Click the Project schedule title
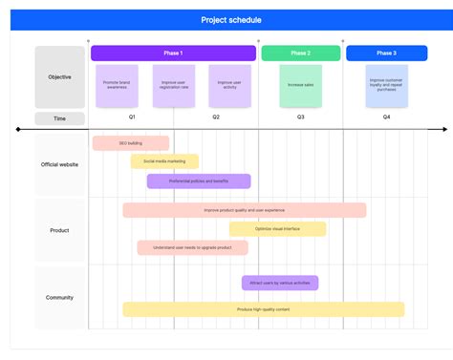point(230,19)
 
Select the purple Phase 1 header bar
point(172,53)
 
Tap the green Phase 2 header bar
point(300,53)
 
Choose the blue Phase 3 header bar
point(386,53)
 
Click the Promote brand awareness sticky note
point(117,85)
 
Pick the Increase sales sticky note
point(300,85)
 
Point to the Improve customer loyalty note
point(386,85)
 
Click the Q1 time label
point(132,116)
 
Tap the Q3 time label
point(300,116)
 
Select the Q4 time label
point(386,116)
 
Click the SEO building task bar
point(131,143)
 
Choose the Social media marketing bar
point(164,161)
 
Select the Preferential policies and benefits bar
point(199,180)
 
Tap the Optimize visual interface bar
point(277,229)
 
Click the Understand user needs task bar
point(192,247)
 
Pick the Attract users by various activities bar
point(280,283)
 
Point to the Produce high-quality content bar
point(263,309)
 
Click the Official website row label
point(59,164)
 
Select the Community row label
point(59,297)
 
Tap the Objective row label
point(59,76)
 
